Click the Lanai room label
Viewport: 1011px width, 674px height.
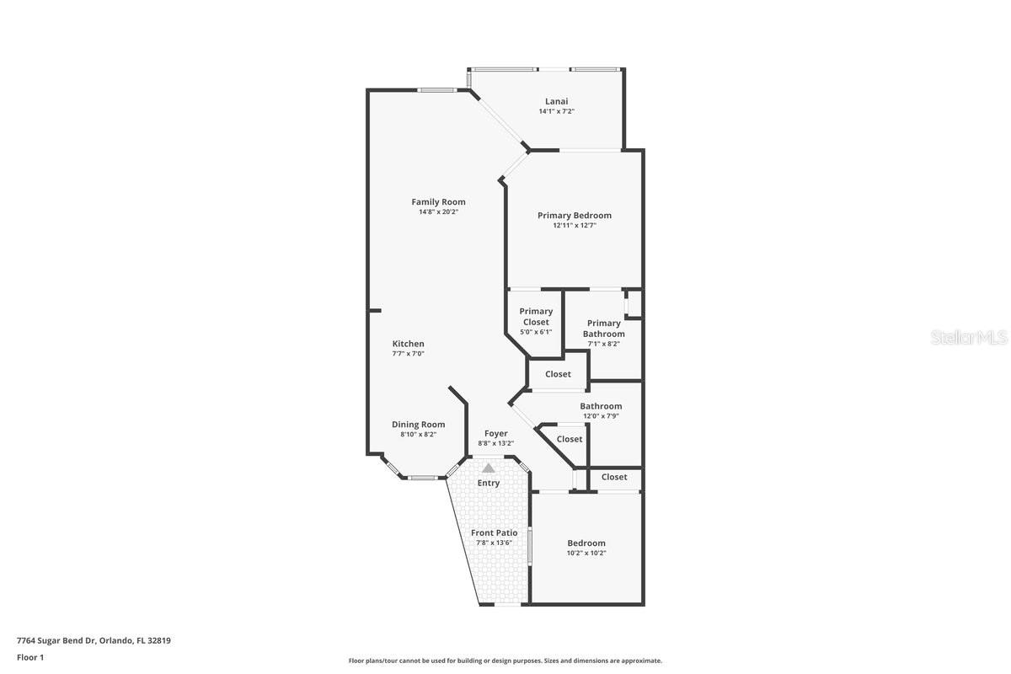point(556,101)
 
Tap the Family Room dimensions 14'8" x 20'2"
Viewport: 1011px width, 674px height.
point(438,211)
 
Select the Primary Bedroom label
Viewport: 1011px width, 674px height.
point(575,215)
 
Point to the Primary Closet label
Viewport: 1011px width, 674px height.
point(536,316)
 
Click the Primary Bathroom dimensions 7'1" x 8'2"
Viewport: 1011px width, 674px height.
point(603,344)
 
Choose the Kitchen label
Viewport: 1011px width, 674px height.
point(408,344)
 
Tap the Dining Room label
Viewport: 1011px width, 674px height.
point(418,425)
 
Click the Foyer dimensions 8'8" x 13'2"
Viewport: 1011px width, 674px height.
point(495,443)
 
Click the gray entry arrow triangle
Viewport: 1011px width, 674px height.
point(489,467)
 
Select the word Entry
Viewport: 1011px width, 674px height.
point(489,483)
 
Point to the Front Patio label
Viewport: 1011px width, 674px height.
point(494,532)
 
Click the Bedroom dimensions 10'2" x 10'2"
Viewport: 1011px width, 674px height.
point(586,553)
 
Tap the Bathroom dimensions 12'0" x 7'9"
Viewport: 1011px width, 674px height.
point(601,416)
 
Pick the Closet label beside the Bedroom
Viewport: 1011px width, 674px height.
point(614,477)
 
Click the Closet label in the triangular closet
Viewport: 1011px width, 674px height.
point(570,439)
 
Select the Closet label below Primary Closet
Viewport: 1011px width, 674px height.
point(558,374)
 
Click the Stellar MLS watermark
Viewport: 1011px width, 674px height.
point(969,338)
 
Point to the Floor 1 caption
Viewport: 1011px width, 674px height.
point(29,657)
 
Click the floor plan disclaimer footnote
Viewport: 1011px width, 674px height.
point(505,661)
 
